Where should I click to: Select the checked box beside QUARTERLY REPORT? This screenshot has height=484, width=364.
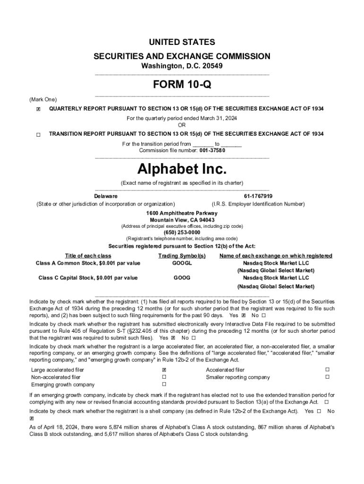coord(38,109)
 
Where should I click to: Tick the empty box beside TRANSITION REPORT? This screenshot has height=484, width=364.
coord(38,135)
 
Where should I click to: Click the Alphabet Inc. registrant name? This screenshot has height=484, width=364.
coord(182,169)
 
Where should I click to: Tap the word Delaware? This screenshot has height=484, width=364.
coord(106,196)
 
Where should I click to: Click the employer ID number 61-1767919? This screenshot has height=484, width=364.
coord(258,196)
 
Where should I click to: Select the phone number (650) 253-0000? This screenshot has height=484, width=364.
coord(182,233)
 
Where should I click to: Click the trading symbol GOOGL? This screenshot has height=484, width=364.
coord(182,263)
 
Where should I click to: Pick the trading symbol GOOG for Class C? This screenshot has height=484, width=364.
coord(182,278)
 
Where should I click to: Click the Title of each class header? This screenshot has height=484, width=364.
coord(88,256)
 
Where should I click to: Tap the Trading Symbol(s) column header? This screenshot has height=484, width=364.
coord(182,256)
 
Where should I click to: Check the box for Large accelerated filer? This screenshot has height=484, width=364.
coord(164,370)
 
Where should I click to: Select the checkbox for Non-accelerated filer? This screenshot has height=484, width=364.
coord(164,377)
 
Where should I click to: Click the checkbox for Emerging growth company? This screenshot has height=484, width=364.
coord(164,384)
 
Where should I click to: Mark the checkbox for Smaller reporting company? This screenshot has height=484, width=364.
coord(327,377)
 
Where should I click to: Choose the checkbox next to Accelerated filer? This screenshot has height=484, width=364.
coord(327,370)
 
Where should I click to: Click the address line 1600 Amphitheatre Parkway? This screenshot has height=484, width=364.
coord(182,213)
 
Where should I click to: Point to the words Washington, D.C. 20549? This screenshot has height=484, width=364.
coord(182,66)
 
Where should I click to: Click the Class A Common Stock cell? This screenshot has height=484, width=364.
coord(88,263)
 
